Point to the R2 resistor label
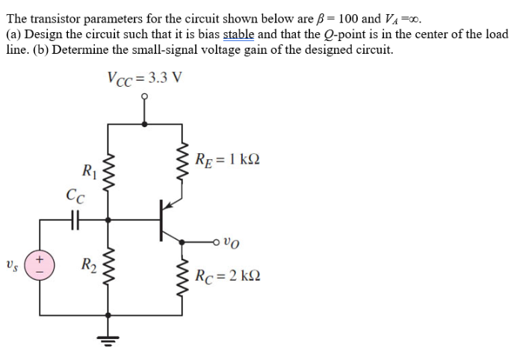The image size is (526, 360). (88, 264)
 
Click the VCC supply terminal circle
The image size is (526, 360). (145, 97)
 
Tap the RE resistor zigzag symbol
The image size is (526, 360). (182, 158)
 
